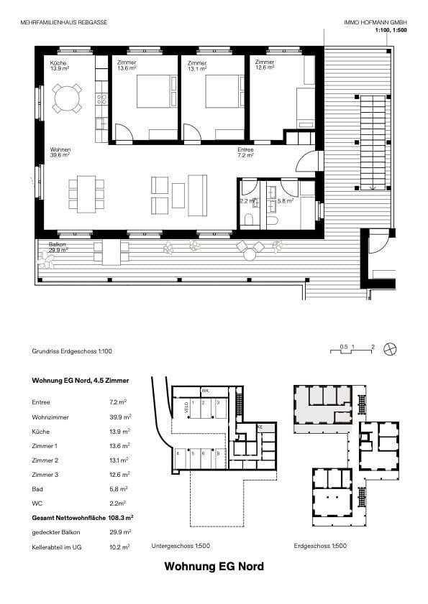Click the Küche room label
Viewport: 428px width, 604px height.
(x=58, y=66)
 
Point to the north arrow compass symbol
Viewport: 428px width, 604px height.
(x=390, y=348)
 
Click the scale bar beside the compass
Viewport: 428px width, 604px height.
(x=352, y=349)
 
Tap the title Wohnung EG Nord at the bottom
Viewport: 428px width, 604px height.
(x=214, y=567)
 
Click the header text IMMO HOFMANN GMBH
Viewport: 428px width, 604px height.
(x=365, y=23)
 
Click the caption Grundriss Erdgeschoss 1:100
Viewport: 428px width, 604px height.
(x=72, y=351)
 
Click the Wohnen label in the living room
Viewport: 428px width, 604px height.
(x=59, y=152)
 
